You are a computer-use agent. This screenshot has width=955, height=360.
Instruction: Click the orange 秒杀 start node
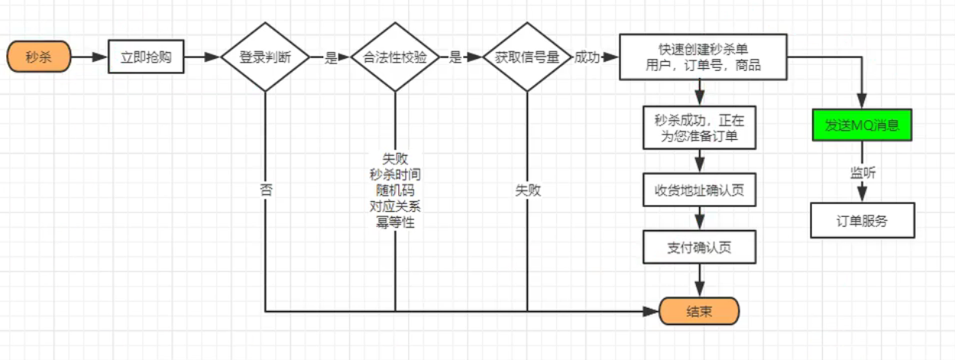point(39,57)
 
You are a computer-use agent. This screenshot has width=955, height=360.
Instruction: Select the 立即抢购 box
point(147,57)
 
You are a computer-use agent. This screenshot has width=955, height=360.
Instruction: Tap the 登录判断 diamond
point(264,57)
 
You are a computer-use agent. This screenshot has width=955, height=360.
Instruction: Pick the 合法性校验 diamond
point(395,57)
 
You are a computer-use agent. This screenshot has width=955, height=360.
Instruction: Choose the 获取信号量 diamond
point(527,57)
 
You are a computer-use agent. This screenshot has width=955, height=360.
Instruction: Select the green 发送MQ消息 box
point(862,125)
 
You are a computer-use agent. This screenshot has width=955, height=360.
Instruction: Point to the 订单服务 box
point(862,222)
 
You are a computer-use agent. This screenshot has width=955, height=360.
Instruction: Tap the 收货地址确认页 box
point(699,190)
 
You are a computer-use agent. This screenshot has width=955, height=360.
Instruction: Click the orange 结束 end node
point(699,312)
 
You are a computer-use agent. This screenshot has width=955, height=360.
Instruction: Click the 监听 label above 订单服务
point(863,173)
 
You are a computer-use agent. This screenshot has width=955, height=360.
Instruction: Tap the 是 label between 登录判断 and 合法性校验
point(330,57)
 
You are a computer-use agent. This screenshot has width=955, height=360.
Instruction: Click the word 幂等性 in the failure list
point(395,222)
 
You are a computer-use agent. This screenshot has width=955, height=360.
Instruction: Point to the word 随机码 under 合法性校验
point(395,190)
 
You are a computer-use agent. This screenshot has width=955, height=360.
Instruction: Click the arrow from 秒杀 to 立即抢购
point(90,57)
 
